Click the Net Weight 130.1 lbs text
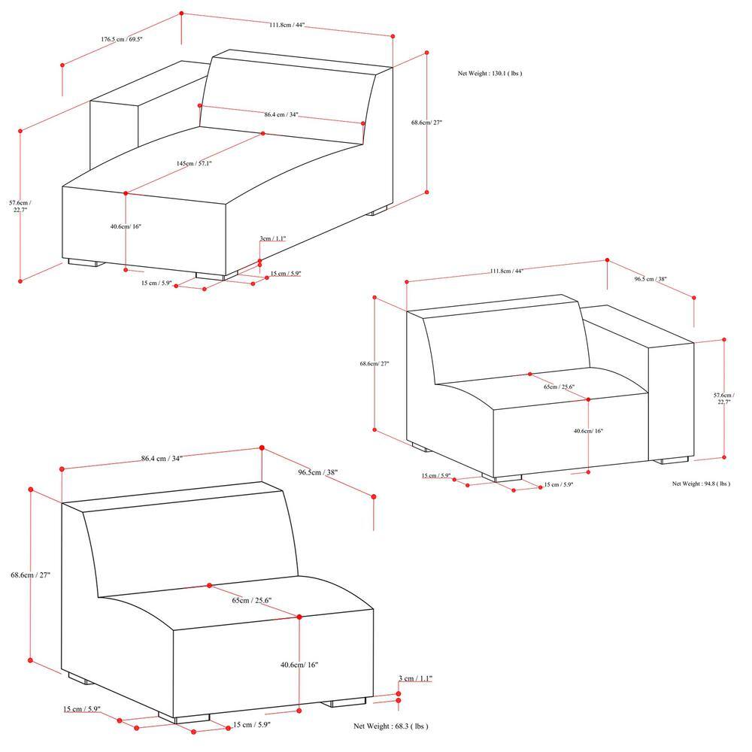(490, 74)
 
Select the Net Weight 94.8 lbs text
(701, 484)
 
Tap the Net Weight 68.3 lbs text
(391, 726)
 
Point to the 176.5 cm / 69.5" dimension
(122, 39)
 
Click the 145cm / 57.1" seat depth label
(194, 163)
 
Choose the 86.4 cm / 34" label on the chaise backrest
(281, 114)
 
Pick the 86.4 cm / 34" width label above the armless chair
(162, 459)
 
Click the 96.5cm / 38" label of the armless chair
(317, 472)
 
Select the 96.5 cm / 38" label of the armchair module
(650, 279)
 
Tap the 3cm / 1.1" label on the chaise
(272, 238)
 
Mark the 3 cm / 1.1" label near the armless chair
(415, 678)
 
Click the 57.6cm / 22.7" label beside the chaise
(20, 206)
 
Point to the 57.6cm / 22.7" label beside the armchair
(723, 399)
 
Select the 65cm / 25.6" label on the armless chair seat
(252, 600)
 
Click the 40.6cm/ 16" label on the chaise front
(126, 226)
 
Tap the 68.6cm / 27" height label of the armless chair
(31, 575)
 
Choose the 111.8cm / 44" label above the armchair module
(506, 271)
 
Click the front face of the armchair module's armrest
(671, 401)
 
